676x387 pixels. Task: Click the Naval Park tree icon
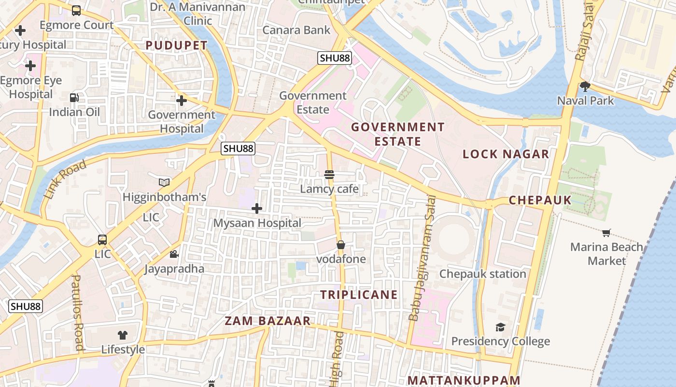pos(585,87)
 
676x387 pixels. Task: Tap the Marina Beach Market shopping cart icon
pos(606,233)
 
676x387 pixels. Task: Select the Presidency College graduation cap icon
pos(500,327)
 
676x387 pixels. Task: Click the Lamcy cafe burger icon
pos(329,175)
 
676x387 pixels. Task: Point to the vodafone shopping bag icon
pos(341,245)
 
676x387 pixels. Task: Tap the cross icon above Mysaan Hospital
pos(257,208)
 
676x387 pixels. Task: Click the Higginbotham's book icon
pos(164,182)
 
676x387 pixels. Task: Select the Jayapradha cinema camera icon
pos(174,254)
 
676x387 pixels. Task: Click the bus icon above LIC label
pos(102,239)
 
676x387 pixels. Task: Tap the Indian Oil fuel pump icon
pos(74,98)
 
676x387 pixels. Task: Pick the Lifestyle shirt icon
pos(123,335)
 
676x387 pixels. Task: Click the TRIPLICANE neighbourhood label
pos(359,295)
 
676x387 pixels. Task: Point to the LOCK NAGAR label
pos(506,154)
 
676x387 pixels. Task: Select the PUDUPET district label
pos(176,45)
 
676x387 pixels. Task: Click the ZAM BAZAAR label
pos(268,321)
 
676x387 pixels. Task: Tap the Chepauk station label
pos(482,274)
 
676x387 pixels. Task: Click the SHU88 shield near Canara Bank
pos(335,59)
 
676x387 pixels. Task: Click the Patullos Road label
pos(77,313)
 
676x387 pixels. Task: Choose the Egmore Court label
pos(76,25)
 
